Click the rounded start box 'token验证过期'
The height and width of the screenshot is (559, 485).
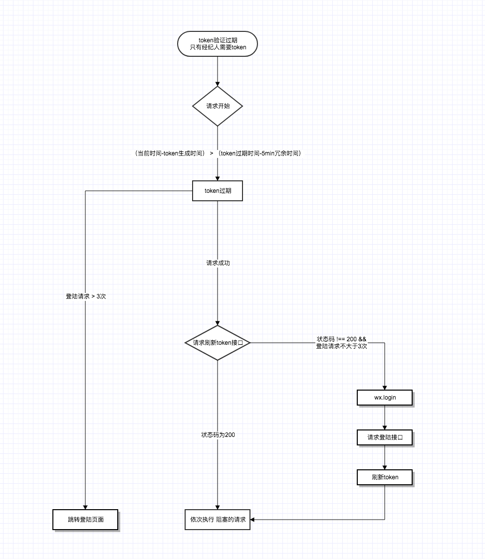pyautogui.click(x=218, y=44)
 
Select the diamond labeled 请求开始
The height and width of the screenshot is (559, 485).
pyautogui.click(x=218, y=106)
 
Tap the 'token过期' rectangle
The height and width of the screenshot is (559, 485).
pyautogui.click(x=218, y=191)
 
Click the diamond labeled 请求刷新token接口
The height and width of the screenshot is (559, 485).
pyautogui.click(x=218, y=343)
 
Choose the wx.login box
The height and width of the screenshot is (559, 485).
pyautogui.click(x=385, y=398)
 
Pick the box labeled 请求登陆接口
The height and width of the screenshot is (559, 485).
pyautogui.click(x=385, y=437)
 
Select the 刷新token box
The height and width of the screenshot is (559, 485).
pyautogui.click(x=385, y=477)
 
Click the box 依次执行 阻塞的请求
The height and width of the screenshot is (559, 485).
pyautogui.click(x=218, y=520)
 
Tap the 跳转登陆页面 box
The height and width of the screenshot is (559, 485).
pyautogui.click(x=85, y=520)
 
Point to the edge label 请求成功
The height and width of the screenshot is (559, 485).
pyautogui.click(x=218, y=263)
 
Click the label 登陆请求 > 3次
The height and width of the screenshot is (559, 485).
pyautogui.click(x=86, y=296)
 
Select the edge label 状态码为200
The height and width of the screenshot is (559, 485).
pyautogui.click(x=218, y=435)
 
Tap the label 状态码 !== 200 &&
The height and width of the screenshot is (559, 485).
pyautogui.click(x=341, y=339)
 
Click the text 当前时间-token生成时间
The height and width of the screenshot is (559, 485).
pyautogui.click(x=170, y=153)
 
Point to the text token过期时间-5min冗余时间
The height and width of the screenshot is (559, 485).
pyautogui.click(x=259, y=153)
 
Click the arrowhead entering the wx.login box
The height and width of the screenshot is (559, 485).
pyautogui.click(x=385, y=388)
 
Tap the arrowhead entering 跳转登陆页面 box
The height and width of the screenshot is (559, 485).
pyautogui.click(x=85, y=507)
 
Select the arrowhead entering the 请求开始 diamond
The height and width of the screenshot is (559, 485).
pyautogui.click(x=218, y=84)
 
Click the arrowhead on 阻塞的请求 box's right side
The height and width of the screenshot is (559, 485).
pyautogui.click(x=252, y=520)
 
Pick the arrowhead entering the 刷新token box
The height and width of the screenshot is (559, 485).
pyautogui.click(x=385, y=467)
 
